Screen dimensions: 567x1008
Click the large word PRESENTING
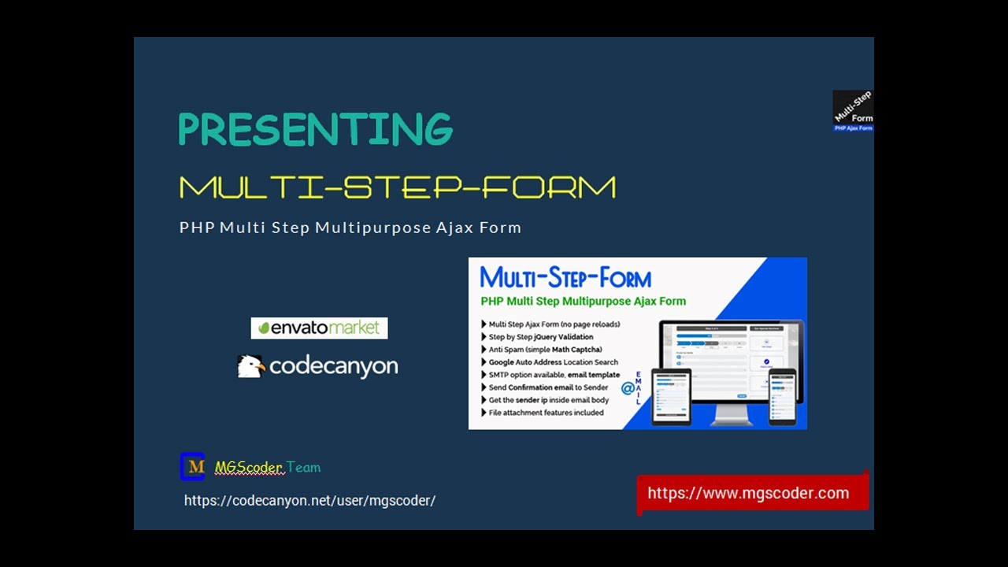click(x=315, y=130)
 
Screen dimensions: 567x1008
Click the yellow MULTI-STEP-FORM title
click(x=397, y=187)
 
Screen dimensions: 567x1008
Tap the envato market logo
click(x=319, y=328)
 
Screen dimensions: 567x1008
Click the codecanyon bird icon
click(x=250, y=366)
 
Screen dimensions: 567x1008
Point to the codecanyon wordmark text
click(x=333, y=367)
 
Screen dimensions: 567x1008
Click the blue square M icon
click(x=192, y=467)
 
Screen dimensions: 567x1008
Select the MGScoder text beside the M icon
click(x=248, y=468)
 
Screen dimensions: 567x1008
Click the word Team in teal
click(x=303, y=468)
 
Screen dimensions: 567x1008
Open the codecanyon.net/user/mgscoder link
click(x=309, y=501)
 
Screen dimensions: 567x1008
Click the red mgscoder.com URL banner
click(x=748, y=494)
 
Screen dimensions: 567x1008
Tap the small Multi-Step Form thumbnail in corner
click(x=853, y=111)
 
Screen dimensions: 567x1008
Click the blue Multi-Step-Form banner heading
click(x=565, y=278)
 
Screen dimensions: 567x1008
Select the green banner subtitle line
click(x=583, y=301)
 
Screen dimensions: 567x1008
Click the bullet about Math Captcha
click(x=545, y=350)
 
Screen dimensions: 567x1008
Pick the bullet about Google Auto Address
click(x=553, y=362)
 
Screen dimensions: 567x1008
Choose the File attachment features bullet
click(x=546, y=413)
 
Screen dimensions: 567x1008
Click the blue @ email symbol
click(x=628, y=388)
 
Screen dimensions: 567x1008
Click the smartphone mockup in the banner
click(x=782, y=396)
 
